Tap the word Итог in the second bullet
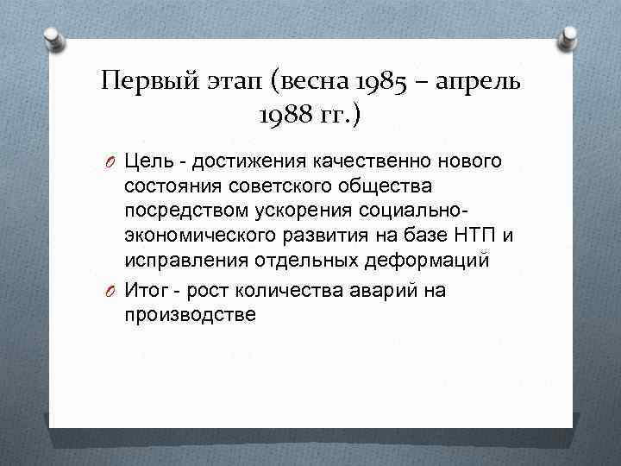(x=148, y=291)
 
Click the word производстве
(x=190, y=315)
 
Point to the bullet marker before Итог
(x=113, y=291)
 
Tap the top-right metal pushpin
(x=570, y=36)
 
